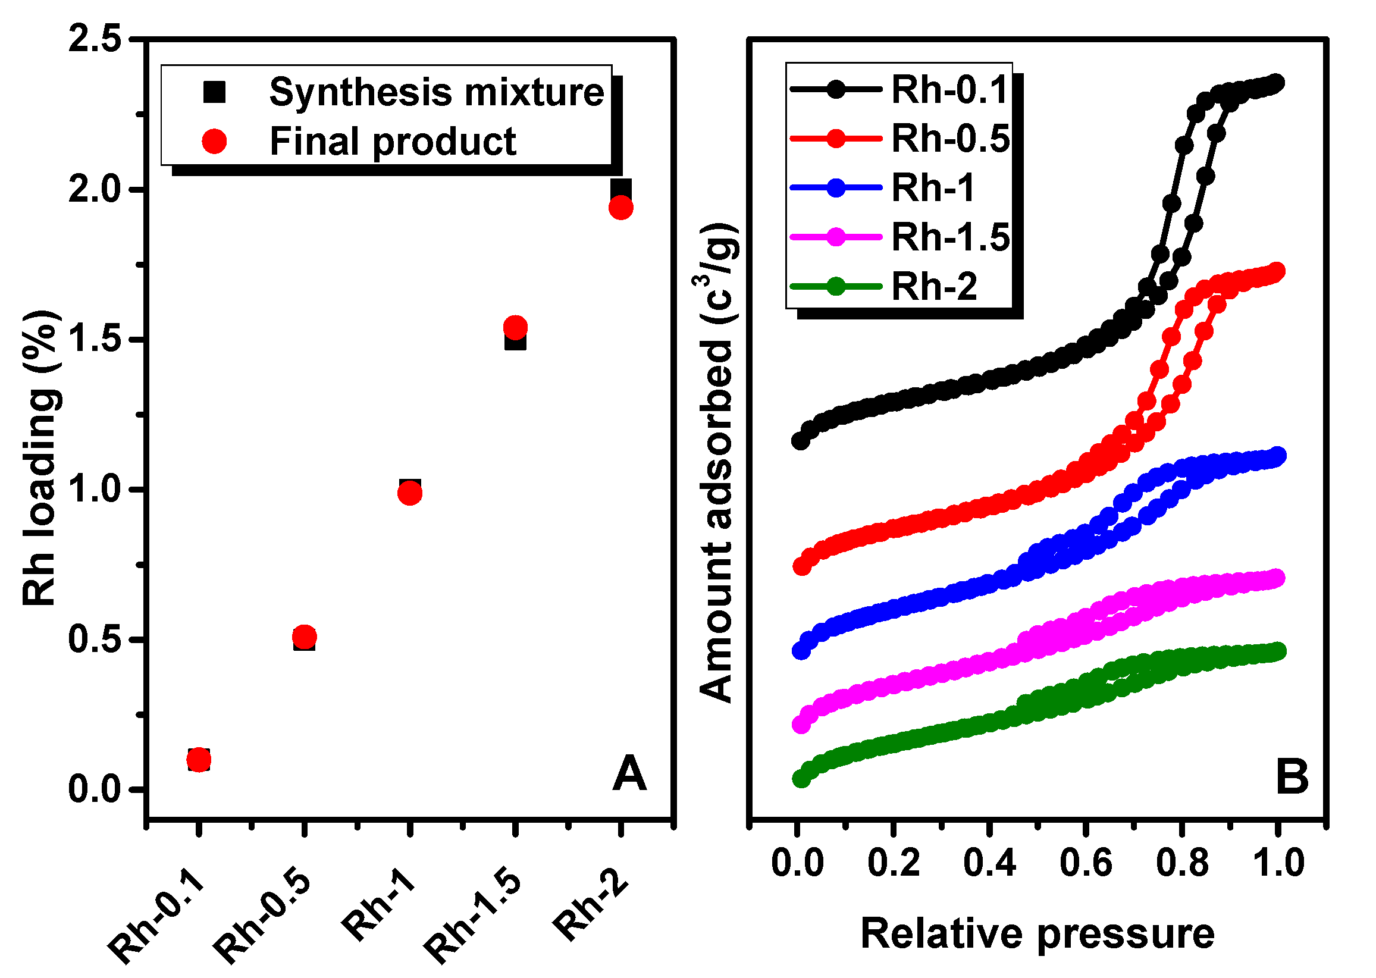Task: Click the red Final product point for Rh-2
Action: point(621,208)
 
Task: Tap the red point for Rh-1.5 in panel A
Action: point(515,328)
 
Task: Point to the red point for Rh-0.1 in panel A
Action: point(199,761)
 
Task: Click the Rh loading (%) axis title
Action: point(40,457)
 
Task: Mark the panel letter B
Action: point(1292,777)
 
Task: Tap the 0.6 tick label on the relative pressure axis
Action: point(1086,863)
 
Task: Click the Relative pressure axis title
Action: point(1037,934)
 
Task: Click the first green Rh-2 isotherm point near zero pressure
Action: point(801,778)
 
